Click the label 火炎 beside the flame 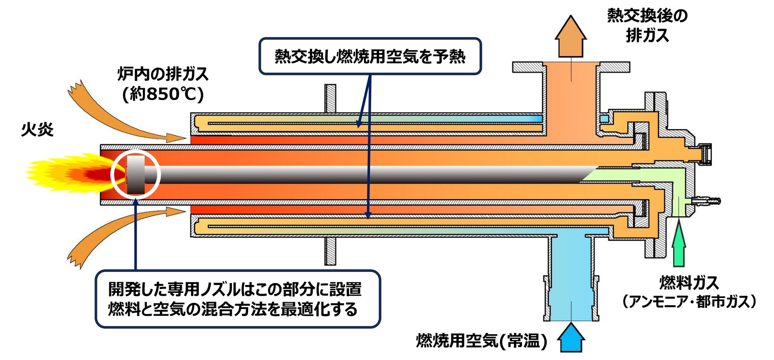coord(37,130)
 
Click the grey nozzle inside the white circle coord(136,174)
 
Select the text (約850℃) coord(163,94)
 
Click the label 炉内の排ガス coord(163,74)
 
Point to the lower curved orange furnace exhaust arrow coord(119,230)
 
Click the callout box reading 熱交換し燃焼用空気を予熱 coord(370,56)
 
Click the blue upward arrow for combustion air coord(571,338)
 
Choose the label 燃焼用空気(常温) coord(481,341)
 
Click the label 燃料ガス coord(689,283)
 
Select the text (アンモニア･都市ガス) coord(689,302)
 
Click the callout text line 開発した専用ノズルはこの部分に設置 coord(235,289)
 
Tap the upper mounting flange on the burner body coord(330,98)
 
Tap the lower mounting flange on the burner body coord(330,251)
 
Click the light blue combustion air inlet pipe coord(570,278)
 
